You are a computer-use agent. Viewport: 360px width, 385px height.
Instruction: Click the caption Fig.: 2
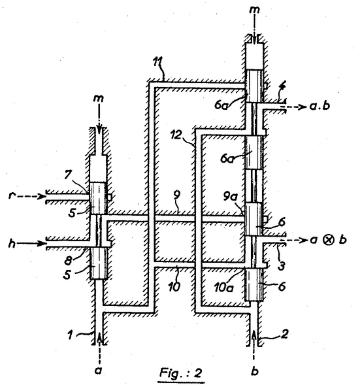[181, 373]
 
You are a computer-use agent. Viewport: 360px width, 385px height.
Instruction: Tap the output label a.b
[319, 106]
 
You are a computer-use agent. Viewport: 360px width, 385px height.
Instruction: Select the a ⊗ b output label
[328, 239]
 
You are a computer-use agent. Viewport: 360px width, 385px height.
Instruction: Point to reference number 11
[157, 62]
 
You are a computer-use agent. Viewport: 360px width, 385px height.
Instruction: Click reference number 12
[176, 135]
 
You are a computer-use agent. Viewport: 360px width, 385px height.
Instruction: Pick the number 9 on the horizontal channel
[176, 195]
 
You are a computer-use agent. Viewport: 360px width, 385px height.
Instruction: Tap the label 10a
[223, 287]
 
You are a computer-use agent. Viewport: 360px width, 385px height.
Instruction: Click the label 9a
[231, 197]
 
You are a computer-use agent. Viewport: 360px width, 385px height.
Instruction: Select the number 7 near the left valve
[68, 175]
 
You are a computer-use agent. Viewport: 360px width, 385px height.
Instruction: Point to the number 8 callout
[68, 260]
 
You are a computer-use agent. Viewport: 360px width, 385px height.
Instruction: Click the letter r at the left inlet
[11, 195]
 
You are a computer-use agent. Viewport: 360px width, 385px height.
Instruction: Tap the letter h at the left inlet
[12, 244]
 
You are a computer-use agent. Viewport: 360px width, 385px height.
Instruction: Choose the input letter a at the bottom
[98, 370]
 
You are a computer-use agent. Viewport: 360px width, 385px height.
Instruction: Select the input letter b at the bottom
[254, 371]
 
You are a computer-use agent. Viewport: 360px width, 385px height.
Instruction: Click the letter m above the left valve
[98, 98]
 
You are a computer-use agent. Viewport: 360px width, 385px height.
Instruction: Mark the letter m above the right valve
[254, 10]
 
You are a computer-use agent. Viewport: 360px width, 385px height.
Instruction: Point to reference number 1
[71, 335]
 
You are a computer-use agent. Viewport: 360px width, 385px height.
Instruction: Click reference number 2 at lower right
[284, 334]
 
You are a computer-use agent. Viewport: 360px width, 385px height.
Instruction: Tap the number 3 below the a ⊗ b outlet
[282, 265]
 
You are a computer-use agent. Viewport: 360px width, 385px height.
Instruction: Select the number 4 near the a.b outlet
[282, 88]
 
